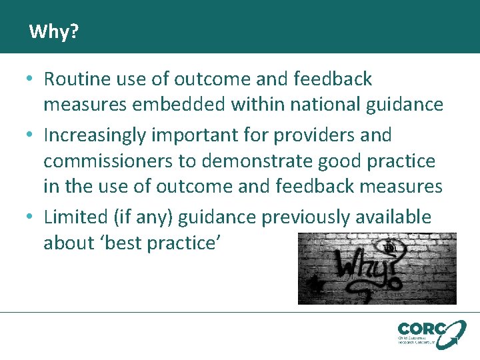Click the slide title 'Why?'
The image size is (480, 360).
[x=53, y=31]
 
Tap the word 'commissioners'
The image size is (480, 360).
[x=109, y=161]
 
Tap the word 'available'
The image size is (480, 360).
[x=395, y=217]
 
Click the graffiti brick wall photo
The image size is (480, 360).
[x=377, y=268]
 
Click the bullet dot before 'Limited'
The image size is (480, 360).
[x=30, y=217]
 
